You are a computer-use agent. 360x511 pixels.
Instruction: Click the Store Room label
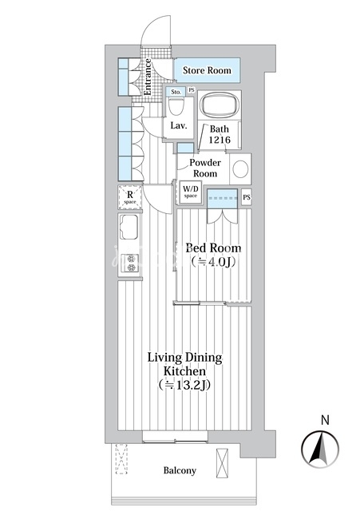207,70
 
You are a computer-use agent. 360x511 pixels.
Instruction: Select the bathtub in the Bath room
220,105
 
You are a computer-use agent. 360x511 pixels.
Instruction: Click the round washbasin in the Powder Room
240,169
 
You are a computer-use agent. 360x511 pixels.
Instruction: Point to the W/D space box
191,192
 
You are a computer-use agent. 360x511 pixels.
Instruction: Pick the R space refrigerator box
130,197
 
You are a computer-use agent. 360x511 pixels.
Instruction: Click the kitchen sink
129,227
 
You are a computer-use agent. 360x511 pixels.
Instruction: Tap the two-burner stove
130,263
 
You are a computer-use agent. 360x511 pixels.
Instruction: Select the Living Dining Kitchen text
184,371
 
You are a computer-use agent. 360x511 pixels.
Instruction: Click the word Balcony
180,470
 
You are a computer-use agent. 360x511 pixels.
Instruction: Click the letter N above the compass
325,421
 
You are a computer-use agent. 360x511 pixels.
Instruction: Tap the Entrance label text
147,77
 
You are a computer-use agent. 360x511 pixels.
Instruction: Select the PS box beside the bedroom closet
247,197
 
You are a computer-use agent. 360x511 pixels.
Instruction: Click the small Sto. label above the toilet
176,92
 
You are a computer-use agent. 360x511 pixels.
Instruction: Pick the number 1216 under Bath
220,140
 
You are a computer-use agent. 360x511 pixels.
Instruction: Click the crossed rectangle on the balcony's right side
222,462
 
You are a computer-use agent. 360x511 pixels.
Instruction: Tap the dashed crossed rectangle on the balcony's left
121,459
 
